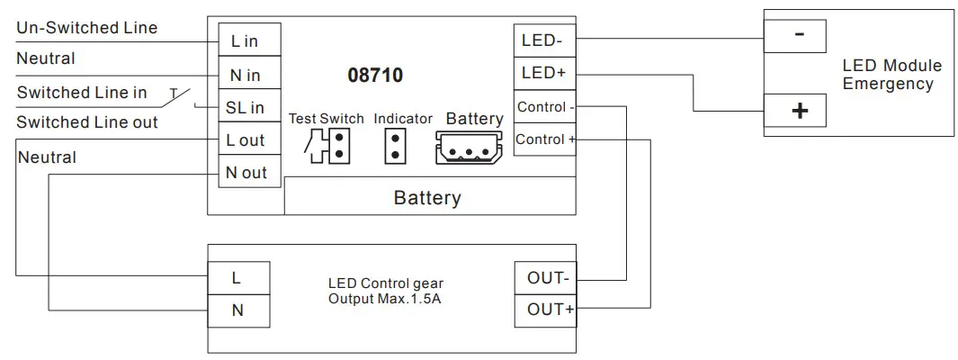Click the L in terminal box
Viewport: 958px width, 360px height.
250,40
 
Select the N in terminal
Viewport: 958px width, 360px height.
250,73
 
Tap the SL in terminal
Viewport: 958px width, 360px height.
250,106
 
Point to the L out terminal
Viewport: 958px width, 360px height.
250,139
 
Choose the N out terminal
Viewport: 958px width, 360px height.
250,172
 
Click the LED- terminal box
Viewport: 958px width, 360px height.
544,41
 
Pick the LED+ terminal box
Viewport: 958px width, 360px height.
544,74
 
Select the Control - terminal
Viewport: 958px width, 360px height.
544,107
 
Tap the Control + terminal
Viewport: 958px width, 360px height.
544,139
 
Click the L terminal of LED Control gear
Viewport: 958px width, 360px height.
238,278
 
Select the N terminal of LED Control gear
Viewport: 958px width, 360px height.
238,310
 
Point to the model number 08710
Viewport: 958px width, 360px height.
375,76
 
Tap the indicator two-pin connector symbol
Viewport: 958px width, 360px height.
395,146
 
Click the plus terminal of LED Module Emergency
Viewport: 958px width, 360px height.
795,111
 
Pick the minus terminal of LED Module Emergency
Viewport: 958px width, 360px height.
795,36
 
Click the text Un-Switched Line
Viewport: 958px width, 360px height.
86,28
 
